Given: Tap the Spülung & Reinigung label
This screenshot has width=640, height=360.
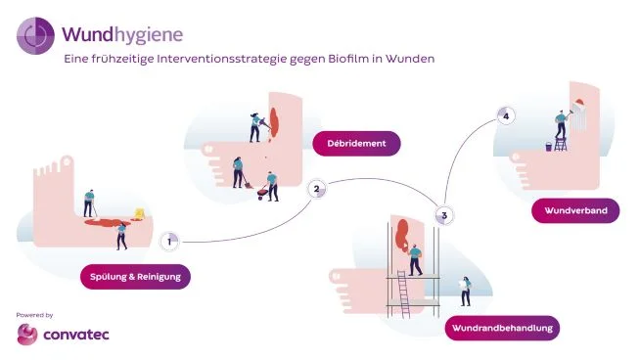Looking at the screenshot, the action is point(135,277).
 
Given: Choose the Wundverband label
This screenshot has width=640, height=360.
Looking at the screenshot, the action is point(575,210).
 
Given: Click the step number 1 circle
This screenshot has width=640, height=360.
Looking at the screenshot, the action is point(169,240).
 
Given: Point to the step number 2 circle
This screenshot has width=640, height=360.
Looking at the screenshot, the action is point(316,189).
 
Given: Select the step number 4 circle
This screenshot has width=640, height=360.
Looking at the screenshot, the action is point(505,117).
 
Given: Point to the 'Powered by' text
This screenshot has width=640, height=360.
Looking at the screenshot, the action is point(35,314).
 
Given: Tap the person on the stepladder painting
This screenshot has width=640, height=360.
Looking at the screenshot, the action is point(563,125).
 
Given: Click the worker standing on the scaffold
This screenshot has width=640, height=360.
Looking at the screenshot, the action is point(416,257).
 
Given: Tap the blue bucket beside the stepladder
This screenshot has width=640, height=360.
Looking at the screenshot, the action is point(548,146).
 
